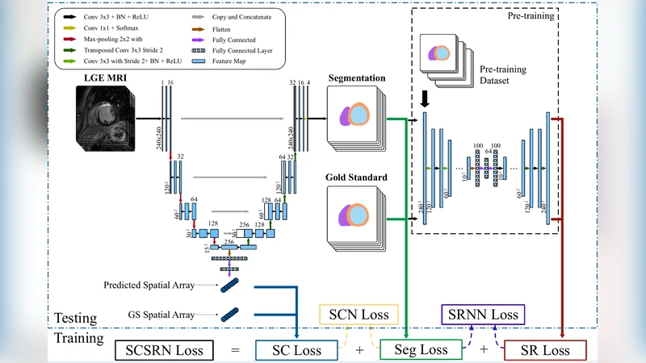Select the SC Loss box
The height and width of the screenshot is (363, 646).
click(295, 351)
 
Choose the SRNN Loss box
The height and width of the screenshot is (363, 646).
click(480, 314)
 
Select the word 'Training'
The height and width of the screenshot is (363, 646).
click(79, 338)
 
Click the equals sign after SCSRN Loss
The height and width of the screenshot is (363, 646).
click(234, 351)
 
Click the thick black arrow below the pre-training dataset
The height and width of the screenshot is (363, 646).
click(423, 98)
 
